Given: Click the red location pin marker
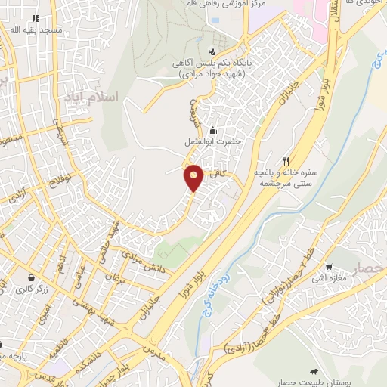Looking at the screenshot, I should [193, 177].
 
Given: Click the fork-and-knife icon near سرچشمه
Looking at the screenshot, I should [286, 160].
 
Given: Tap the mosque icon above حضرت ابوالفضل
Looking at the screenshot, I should [212, 129].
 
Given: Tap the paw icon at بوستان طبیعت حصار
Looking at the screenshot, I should [311, 372].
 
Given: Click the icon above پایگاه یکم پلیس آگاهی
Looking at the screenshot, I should [212, 52].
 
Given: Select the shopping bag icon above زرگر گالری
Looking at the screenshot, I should [29, 277].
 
